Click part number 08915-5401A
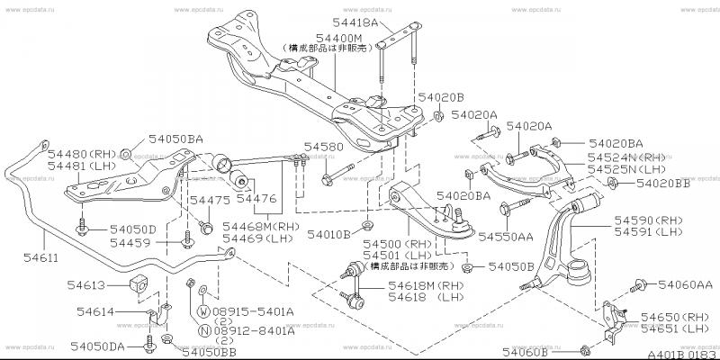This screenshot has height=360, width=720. [x=256, y=312]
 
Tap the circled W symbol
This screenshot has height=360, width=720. [x=204, y=312]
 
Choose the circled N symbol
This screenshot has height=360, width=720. [x=204, y=331]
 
